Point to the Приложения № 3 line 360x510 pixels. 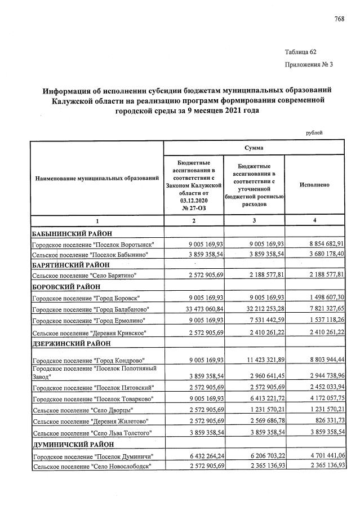pos(309,65)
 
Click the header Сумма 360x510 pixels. pos(254,147)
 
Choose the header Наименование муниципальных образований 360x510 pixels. pos(96,179)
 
